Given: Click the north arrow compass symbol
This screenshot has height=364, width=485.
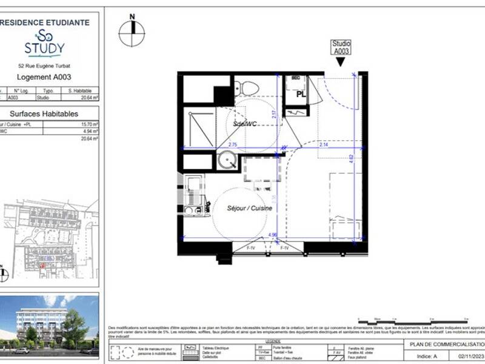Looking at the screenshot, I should point(132,32).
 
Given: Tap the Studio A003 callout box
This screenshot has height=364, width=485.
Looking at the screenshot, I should point(341,47).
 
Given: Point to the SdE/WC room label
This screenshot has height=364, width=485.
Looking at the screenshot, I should point(246,123).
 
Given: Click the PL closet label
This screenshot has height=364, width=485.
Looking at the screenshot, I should point(300,95).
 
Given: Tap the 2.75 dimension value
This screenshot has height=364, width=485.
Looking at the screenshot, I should point(233,144).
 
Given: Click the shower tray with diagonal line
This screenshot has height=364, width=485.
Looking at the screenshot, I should point(198,128).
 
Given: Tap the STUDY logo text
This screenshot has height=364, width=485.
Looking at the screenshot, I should point(44,47).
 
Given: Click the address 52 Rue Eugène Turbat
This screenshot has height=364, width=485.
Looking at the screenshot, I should point(45,66).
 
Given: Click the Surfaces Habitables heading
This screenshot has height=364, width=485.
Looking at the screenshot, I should point(44,113).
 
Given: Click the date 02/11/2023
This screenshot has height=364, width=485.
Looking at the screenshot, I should point(469,357).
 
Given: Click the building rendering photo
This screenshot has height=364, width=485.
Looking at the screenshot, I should point(50,325).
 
